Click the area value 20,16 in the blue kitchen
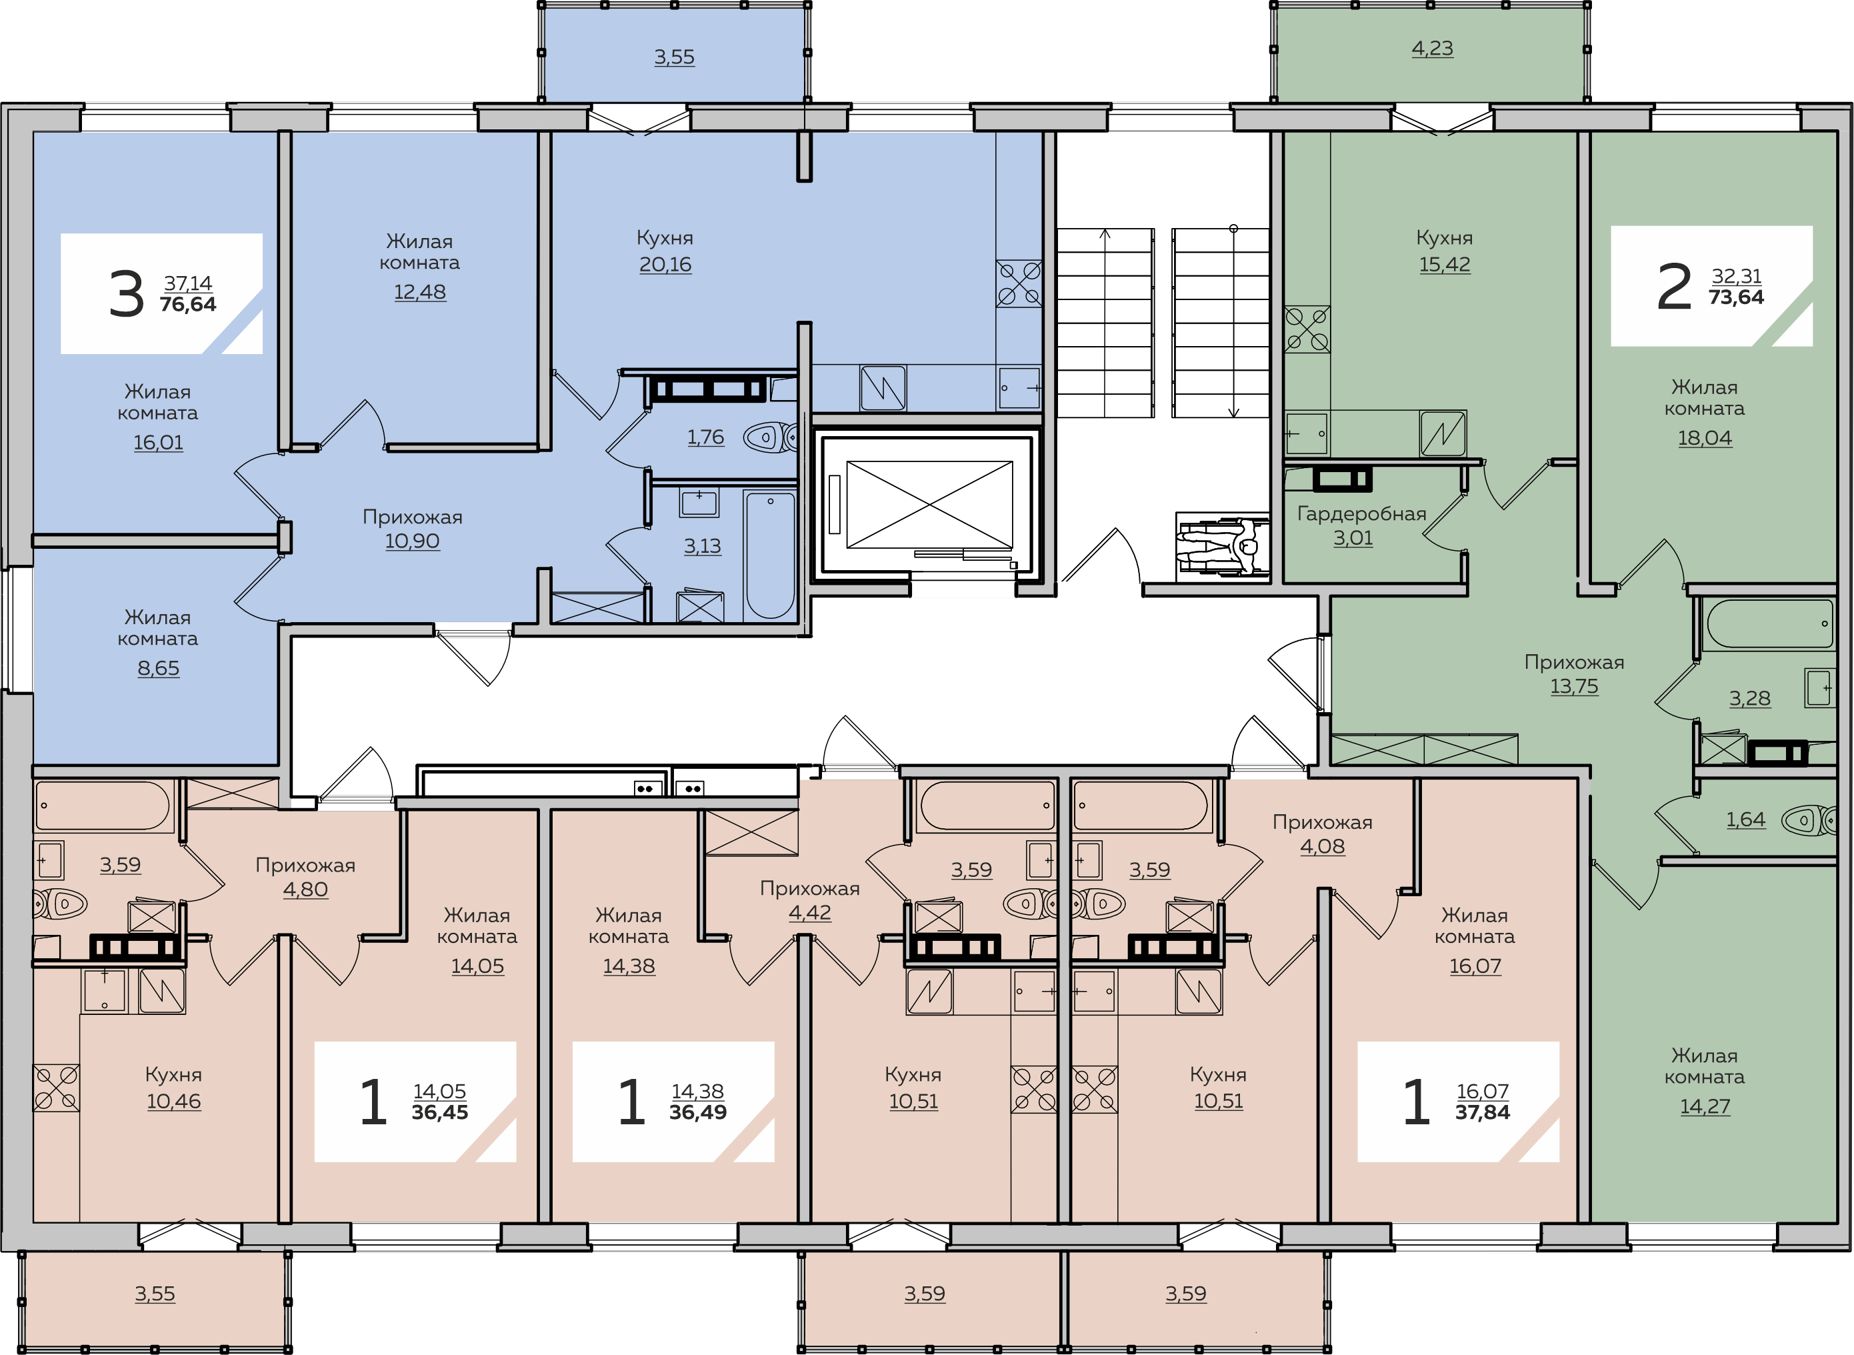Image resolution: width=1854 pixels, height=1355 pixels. pos(665,264)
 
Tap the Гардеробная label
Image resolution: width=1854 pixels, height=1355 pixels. pos(1361,513)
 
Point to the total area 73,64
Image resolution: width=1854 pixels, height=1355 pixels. pos(1736,297)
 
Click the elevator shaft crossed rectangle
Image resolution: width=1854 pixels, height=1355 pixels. pos(929,504)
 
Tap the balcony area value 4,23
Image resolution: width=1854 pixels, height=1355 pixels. pos(1432,49)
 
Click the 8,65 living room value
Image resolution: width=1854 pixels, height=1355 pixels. pos(158,668)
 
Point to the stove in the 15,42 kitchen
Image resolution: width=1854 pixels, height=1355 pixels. pos(1307,329)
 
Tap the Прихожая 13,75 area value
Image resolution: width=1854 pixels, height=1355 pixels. pos(1573,687)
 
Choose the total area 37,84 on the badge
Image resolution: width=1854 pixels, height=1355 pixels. pos(1483,1112)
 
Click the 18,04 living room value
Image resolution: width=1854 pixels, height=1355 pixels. pos(1705,438)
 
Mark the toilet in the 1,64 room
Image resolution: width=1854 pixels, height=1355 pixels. pos(1809,820)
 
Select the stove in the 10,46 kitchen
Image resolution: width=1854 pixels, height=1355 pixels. pos(57,1088)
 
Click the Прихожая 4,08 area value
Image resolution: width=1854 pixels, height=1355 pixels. pos(1323,846)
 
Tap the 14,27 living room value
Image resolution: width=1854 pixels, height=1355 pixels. pos(1705,1106)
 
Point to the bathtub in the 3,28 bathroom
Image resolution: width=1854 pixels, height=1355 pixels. pos(1769,624)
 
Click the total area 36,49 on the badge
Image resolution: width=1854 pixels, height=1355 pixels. pos(698,1112)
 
